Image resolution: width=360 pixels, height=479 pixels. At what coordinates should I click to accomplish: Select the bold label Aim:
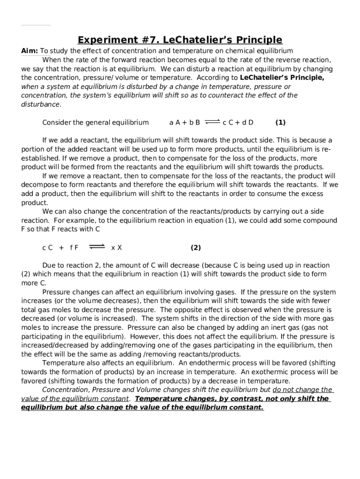coord(29,51)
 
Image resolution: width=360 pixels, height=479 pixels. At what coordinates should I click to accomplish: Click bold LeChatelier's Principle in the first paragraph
coord(282,78)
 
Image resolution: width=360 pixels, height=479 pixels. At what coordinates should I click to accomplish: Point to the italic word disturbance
coord(41,104)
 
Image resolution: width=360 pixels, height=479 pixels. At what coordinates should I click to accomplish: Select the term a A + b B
coord(185,123)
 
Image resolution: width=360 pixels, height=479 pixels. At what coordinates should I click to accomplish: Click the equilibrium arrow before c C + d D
coord(212,122)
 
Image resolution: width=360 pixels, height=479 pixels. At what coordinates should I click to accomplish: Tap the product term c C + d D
coord(238,123)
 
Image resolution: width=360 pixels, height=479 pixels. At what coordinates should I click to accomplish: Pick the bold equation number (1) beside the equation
coord(280,123)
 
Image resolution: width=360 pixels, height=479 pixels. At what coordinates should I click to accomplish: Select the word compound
coord(321,220)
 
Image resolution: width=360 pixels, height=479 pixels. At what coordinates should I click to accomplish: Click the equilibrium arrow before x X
coord(97,247)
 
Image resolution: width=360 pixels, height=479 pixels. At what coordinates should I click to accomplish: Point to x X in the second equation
coord(116,247)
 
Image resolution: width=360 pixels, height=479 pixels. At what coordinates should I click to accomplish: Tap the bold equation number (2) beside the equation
coord(195,247)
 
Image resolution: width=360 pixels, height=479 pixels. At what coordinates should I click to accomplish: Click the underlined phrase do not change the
coord(302,390)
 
